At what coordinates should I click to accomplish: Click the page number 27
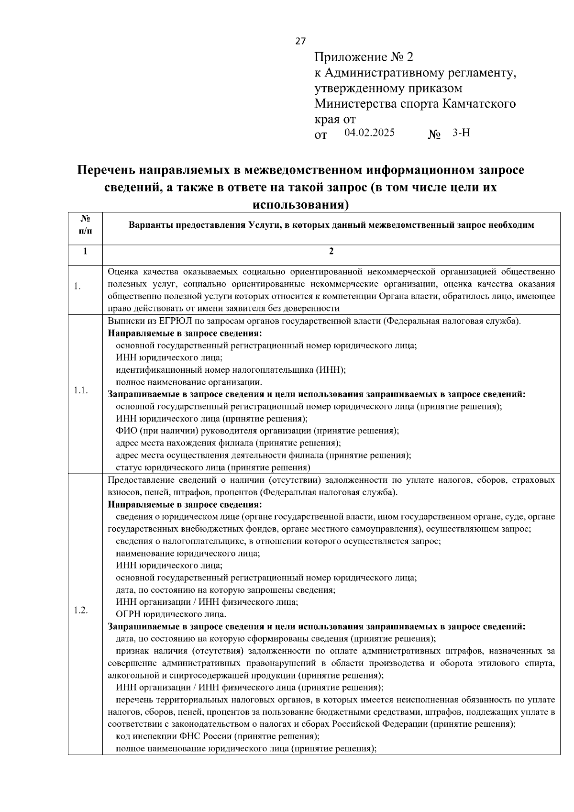tap(300, 41)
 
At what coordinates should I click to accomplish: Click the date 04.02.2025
tap(369, 133)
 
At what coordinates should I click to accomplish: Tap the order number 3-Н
tap(461, 133)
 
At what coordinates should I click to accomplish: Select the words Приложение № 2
tap(364, 57)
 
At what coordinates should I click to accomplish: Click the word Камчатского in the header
tap(479, 104)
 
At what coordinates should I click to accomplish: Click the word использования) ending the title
tap(300, 205)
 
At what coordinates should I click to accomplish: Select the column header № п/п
tap(85, 224)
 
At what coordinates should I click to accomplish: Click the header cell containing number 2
tap(331, 251)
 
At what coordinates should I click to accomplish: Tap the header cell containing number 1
tap(85, 251)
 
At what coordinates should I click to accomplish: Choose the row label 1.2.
tap(80, 610)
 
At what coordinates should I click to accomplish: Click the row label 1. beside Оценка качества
tap(77, 286)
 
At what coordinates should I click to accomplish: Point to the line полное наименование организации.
tap(188, 382)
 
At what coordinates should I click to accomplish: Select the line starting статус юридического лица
tap(213, 467)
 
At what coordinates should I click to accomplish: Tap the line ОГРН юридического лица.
tap(171, 614)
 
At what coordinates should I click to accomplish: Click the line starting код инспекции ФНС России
tap(217, 736)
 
